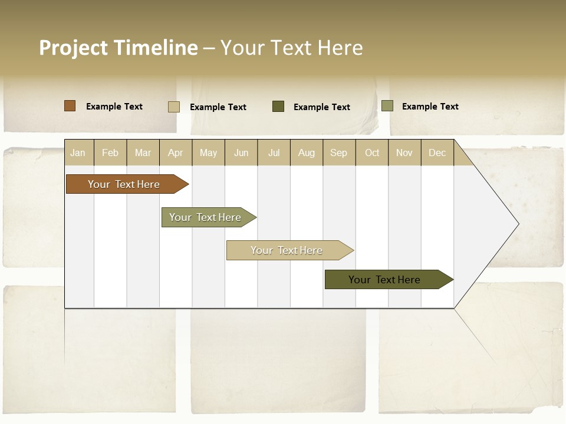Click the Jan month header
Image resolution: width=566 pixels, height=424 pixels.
click(x=78, y=153)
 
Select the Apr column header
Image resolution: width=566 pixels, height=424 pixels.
click(x=175, y=153)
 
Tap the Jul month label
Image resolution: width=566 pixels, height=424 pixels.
click(x=274, y=153)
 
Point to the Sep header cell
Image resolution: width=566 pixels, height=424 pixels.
click(x=338, y=153)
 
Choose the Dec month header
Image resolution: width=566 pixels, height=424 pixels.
click(x=437, y=153)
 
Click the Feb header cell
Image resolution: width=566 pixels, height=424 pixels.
click(x=110, y=153)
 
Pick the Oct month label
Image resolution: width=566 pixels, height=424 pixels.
click(x=372, y=153)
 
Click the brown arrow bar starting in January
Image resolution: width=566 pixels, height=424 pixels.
click(x=124, y=184)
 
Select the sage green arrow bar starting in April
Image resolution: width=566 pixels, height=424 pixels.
click(x=205, y=217)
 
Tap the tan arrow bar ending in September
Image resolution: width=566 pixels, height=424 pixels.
click(x=287, y=250)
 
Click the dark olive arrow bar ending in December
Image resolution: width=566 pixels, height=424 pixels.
click(x=384, y=280)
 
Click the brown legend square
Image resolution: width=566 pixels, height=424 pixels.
click(x=70, y=106)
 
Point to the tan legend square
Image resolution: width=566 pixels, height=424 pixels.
click(x=173, y=107)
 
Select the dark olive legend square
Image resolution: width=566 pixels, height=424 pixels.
click(x=278, y=106)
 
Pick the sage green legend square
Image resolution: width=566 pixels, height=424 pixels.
click(x=387, y=106)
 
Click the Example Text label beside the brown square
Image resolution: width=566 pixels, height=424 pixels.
click(x=114, y=107)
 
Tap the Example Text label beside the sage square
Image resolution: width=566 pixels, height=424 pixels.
click(x=430, y=107)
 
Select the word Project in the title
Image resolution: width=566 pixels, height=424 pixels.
click(x=74, y=48)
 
